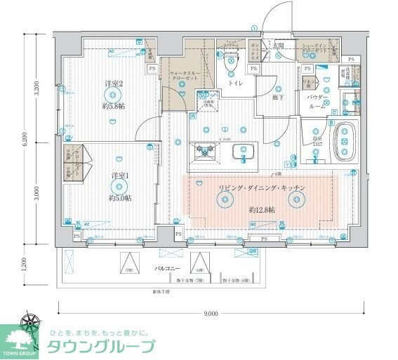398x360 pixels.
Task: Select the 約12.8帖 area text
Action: click(261, 209)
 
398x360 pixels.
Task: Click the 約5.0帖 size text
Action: click(119, 199)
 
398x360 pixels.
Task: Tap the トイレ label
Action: click(235, 83)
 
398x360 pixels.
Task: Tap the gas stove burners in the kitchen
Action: click(205, 150)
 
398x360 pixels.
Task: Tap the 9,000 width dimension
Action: click(211, 313)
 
